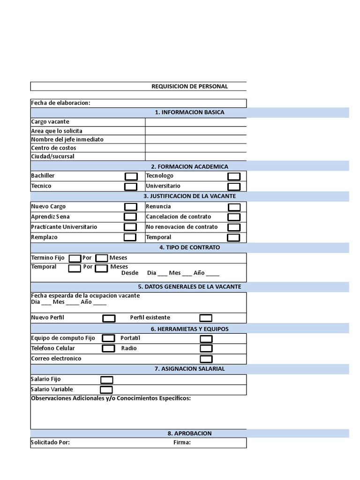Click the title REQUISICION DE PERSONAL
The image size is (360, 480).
tap(189, 86)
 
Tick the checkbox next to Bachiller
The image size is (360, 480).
tap(131, 176)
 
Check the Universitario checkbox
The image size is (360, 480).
tap(234, 187)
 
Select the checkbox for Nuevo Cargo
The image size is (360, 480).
tap(131, 207)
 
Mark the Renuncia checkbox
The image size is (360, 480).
tap(234, 207)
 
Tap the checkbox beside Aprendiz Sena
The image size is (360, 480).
tap(130, 217)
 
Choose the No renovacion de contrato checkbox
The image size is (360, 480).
tap(234, 227)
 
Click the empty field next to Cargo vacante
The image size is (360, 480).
tap(195, 122)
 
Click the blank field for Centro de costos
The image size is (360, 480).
tap(195, 148)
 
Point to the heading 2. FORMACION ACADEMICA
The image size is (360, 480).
tap(189, 166)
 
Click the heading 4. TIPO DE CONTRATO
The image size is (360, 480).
tap(189, 247)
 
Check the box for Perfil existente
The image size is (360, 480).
tap(206, 318)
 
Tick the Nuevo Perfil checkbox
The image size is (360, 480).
tap(109, 318)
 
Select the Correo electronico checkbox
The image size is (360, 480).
tap(206, 359)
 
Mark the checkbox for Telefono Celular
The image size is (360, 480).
tap(108, 348)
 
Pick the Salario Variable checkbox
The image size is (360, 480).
tap(106, 390)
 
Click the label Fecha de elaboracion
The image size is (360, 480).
tap(60, 103)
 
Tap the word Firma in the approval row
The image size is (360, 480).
tap(182, 442)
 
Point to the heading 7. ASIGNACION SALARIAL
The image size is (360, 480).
tap(189, 369)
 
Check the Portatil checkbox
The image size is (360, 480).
tap(206, 339)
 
